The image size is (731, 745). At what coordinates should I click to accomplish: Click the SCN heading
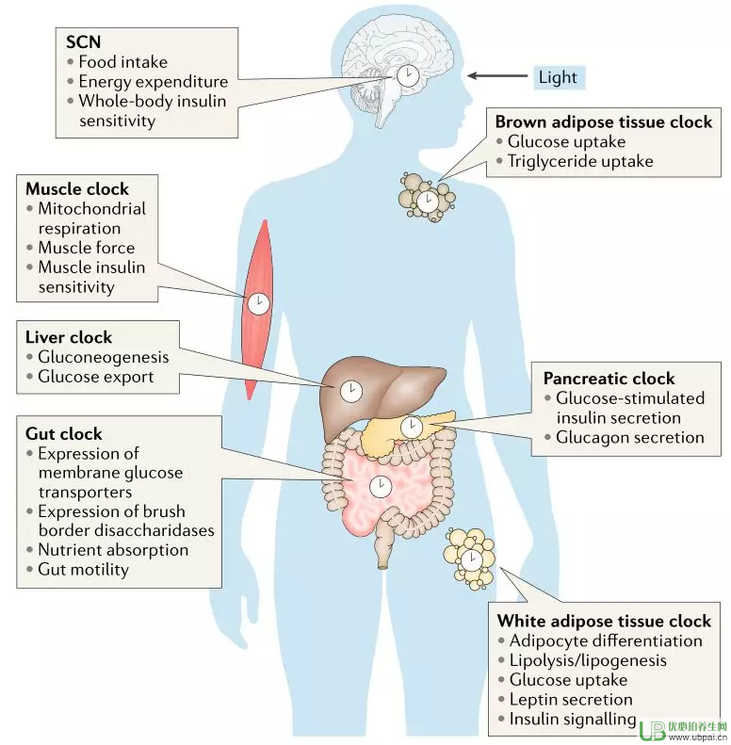pos(83,41)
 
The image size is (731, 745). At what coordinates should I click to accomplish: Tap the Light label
pos(558,77)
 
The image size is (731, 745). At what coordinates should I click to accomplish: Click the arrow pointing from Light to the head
pos(497,75)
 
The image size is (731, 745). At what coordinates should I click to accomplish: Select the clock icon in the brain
pos(408,75)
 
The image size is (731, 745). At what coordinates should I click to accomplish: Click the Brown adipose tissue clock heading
pos(604,121)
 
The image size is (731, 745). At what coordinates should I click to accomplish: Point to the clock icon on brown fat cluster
pos(428,201)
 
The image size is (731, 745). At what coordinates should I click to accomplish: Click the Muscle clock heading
pos(77,188)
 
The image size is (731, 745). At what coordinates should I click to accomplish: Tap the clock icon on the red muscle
pos(258,303)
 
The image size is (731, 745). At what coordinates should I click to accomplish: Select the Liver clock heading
pos(69,337)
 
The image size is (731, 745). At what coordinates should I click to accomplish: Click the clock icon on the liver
pos(350,391)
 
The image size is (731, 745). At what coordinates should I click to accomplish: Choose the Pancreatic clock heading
pos(609,379)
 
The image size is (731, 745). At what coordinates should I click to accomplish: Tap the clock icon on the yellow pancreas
pos(411,428)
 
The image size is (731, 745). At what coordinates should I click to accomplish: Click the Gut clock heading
pos(64,433)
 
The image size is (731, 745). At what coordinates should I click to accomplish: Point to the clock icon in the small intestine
pos(381,487)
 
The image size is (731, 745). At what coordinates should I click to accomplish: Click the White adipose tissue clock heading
pos(604,621)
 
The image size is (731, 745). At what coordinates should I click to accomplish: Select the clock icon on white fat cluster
pos(472,559)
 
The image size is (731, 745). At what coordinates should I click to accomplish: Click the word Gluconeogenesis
pos(104,357)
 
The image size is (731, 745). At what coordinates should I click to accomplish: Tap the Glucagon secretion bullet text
pos(630,437)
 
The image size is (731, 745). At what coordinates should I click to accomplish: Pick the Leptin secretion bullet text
pos(571,699)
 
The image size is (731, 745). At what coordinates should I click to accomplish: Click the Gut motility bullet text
pos(84,569)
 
